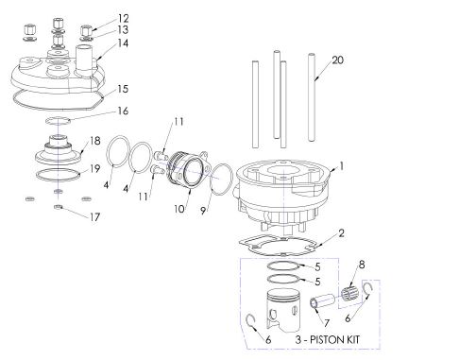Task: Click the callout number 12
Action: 124,18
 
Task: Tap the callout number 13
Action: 124,30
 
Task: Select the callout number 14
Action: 124,43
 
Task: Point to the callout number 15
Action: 123,89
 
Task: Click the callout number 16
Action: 124,111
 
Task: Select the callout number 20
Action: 338,60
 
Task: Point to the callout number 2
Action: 342,232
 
